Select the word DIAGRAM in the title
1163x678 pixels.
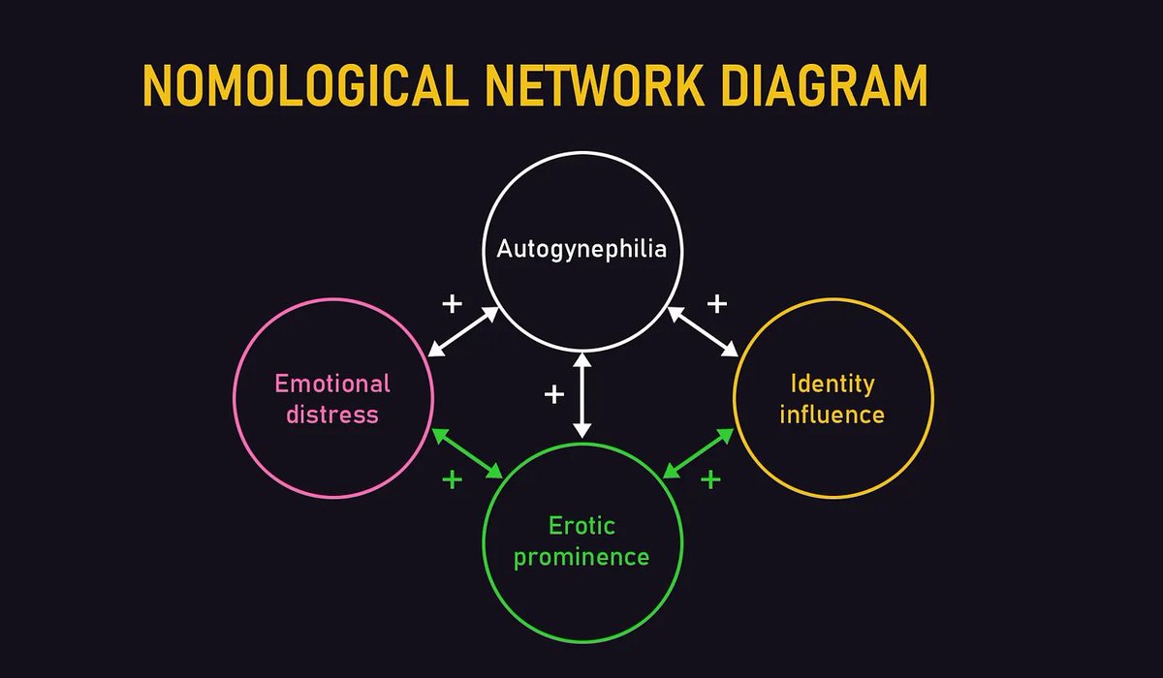point(822,86)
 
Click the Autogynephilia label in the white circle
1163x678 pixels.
point(581,249)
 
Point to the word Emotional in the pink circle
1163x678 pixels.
point(332,384)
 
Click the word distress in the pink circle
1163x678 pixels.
point(332,415)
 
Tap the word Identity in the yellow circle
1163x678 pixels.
point(833,384)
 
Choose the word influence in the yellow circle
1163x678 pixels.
point(833,415)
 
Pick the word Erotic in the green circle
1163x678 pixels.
point(581,527)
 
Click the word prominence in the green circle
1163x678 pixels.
point(581,558)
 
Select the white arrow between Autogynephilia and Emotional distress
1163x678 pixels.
point(463,331)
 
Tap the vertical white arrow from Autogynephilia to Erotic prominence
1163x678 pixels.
point(581,395)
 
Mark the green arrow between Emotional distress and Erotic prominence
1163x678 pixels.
point(468,452)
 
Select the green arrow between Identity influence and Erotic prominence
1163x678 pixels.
point(698,452)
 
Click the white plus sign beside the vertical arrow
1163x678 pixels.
point(553,394)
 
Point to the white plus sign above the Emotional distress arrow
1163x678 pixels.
point(452,304)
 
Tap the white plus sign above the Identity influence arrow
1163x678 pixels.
point(716,304)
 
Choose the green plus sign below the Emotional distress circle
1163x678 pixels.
point(452,478)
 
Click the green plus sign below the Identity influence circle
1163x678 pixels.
point(710,478)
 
